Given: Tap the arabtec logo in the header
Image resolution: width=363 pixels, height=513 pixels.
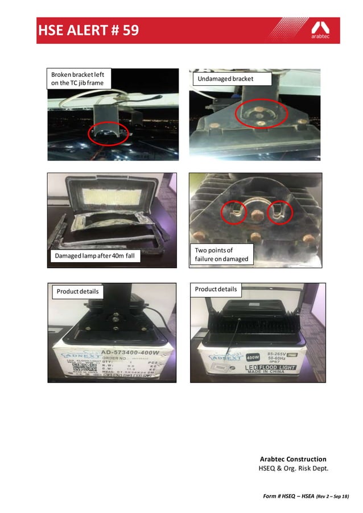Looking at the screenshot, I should (x=320, y=30).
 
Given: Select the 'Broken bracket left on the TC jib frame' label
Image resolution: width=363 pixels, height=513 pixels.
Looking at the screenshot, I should (x=79, y=78).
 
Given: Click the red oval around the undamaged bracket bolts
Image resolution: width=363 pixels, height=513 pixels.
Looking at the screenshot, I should (x=261, y=114).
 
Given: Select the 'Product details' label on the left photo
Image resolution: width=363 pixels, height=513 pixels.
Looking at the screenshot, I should (x=77, y=292).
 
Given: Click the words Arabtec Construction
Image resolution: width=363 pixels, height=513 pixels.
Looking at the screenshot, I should (x=293, y=459).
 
